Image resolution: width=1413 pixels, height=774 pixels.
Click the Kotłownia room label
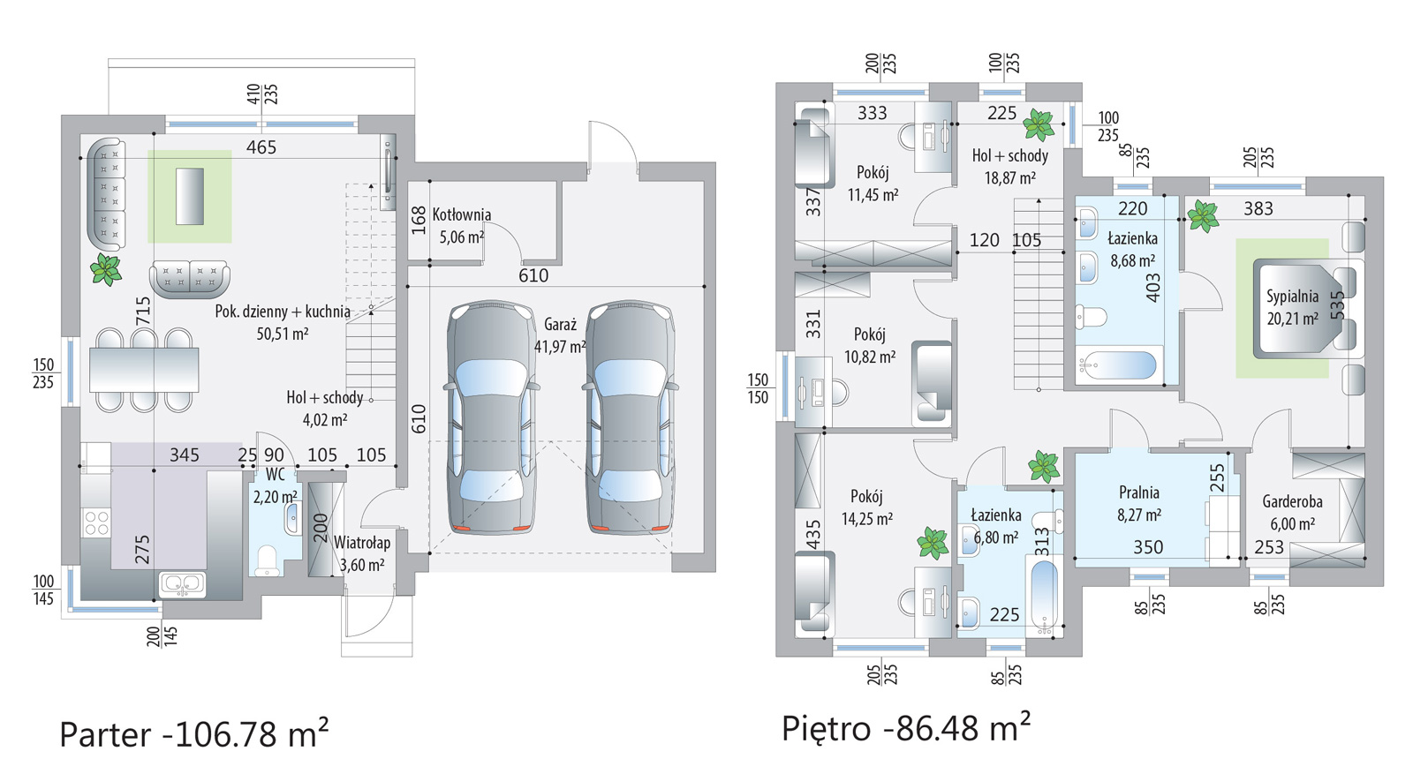point(461,215)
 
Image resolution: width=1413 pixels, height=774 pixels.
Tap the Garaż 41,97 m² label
point(560,335)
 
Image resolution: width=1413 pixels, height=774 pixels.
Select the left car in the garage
point(491,417)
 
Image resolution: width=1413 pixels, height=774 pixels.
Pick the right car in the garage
point(630,417)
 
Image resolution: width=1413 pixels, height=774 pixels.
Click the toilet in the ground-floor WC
point(268,560)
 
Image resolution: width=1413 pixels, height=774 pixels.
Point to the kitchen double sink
point(182,583)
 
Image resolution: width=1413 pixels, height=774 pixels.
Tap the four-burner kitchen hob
point(96,522)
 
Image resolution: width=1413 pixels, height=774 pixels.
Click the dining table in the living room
point(144,370)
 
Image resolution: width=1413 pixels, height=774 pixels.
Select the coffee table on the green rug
point(189,196)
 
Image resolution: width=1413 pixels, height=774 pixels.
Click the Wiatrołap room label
point(362,543)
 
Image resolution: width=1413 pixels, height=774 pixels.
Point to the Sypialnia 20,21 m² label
point(1293,307)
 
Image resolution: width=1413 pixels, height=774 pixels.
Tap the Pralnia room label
point(1139,492)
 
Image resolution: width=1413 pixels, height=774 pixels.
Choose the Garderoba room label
point(1293,501)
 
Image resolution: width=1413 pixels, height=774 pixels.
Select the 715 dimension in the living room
point(143,311)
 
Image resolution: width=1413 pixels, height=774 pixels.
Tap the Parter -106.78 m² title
point(193,733)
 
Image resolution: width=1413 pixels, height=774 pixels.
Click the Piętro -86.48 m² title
point(906,727)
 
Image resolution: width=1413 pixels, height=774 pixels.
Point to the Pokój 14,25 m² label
point(866,507)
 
